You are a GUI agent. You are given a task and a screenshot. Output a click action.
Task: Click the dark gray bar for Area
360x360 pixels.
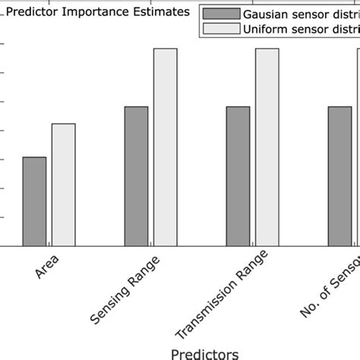[x=34, y=201]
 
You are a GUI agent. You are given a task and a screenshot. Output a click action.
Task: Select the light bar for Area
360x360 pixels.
[x=63, y=185]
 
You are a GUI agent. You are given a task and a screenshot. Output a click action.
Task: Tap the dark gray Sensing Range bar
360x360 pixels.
[x=136, y=176]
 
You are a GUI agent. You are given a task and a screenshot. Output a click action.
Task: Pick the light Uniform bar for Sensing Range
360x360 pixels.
[x=165, y=147]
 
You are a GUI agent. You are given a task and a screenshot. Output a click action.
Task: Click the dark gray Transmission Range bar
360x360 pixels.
[x=238, y=176]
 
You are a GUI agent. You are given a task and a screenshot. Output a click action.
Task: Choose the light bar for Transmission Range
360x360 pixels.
[x=267, y=147]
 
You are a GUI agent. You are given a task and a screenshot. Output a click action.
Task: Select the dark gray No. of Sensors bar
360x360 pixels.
[x=339, y=176]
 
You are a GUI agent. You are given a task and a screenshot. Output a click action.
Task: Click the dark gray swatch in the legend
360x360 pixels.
[x=216, y=14]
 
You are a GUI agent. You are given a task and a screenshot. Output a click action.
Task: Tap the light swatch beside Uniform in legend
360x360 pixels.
[x=216, y=29]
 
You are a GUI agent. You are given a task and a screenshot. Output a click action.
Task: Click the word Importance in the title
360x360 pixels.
[x=99, y=12]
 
